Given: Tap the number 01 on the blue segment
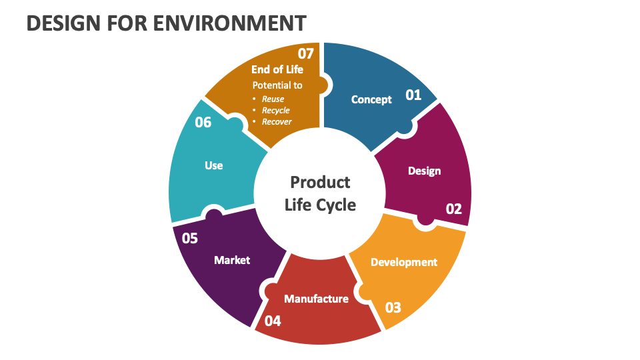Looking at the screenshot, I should click(x=413, y=95).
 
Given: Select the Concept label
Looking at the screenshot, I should click(x=371, y=100).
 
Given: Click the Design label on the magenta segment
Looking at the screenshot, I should click(x=424, y=171).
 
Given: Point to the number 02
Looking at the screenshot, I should click(x=453, y=209).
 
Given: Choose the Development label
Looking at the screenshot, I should click(x=404, y=262).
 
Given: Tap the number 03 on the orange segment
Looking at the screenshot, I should click(x=393, y=307).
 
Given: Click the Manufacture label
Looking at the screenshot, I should click(x=316, y=299).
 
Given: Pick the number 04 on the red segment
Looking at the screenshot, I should click(x=273, y=321).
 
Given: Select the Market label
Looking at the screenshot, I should click(x=232, y=260).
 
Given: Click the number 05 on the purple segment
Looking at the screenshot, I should click(x=190, y=238).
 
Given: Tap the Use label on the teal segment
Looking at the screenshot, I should click(x=214, y=165).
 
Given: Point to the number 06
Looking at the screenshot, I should click(x=203, y=123).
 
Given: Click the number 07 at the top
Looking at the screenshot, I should click(x=305, y=53).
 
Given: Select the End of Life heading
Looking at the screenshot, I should click(x=277, y=69).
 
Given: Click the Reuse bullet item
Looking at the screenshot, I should click(x=273, y=99).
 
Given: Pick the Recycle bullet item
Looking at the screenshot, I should click(x=275, y=110).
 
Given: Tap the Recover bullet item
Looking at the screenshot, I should click(x=277, y=121).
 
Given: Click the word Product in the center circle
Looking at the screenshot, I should click(x=320, y=182).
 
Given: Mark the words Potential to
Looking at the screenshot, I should click(x=277, y=85).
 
